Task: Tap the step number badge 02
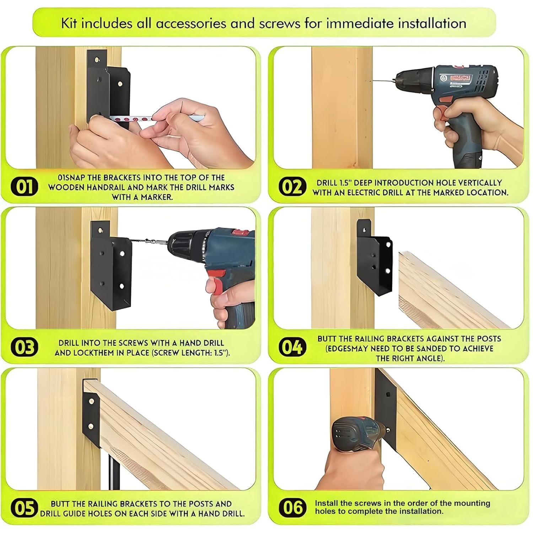[292, 187]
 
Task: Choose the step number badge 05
[24, 508]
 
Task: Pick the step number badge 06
[292, 507]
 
